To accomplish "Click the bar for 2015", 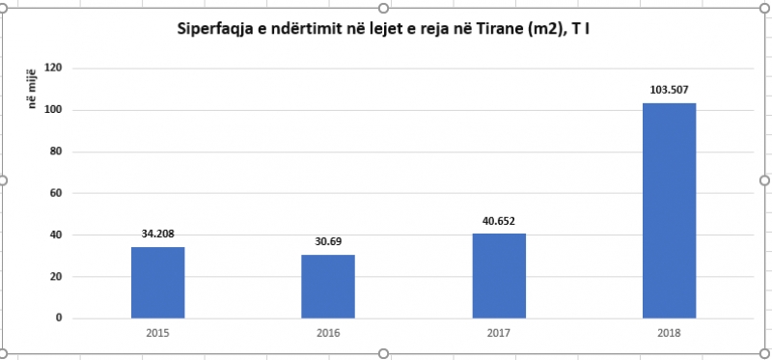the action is (x=157, y=283).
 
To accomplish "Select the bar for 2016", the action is (x=328, y=287).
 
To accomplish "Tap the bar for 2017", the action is (x=499, y=276).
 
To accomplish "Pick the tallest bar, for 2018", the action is (x=669, y=210).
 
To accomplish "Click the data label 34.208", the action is (x=157, y=234).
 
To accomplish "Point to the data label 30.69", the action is (x=328, y=242).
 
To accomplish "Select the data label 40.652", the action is (x=499, y=221).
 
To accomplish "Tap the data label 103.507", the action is (x=669, y=90).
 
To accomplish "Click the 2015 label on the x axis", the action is (x=157, y=333).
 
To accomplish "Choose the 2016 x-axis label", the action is (x=328, y=333).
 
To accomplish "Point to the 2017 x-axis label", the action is (x=499, y=333).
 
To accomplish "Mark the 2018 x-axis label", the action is (x=669, y=333).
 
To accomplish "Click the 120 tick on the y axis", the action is (x=54, y=69).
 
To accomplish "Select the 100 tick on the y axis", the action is (x=54, y=110).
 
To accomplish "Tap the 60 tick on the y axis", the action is (x=56, y=193).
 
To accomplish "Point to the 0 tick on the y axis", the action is (x=59, y=318).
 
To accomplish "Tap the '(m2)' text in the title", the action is (x=542, y=30).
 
